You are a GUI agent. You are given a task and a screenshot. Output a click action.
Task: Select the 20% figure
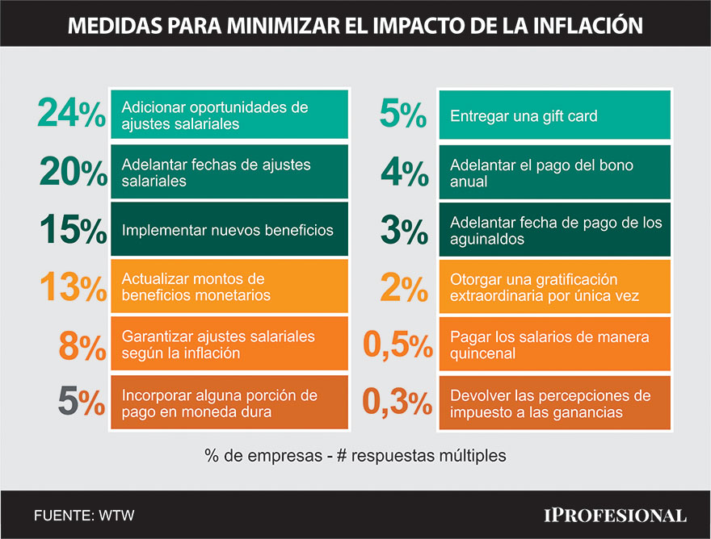(73, 173)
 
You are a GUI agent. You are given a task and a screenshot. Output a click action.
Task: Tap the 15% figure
(73, 231)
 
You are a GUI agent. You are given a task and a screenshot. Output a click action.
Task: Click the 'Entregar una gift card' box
(554, 115)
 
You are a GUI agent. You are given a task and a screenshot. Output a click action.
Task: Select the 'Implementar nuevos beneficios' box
(229, 231)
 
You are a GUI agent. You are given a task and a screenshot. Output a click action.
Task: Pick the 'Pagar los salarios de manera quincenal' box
(554, 345)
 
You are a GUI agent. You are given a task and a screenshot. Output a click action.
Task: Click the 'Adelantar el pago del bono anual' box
(554, 173)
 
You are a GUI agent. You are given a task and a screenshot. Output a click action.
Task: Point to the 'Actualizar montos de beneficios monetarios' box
(229, 287)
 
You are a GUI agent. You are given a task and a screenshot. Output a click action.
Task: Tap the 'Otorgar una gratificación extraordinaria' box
(554, 287)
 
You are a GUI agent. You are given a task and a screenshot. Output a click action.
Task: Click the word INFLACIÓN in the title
(578, 25)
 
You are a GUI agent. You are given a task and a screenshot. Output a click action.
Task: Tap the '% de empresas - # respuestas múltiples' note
(355, 456)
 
